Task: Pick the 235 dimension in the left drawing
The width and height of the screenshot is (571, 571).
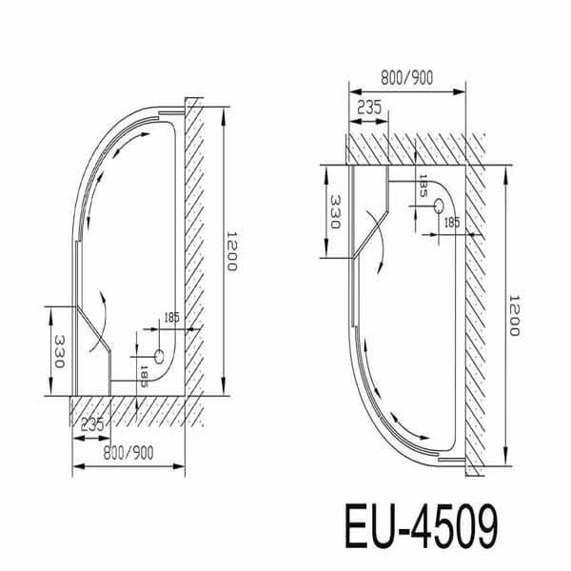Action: tap(91, 423)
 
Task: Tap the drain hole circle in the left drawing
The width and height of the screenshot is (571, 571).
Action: tap(159, 356)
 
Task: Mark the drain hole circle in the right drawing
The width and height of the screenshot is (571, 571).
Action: tap(439, 206)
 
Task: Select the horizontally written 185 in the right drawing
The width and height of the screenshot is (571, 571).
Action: tap(452, 223)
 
